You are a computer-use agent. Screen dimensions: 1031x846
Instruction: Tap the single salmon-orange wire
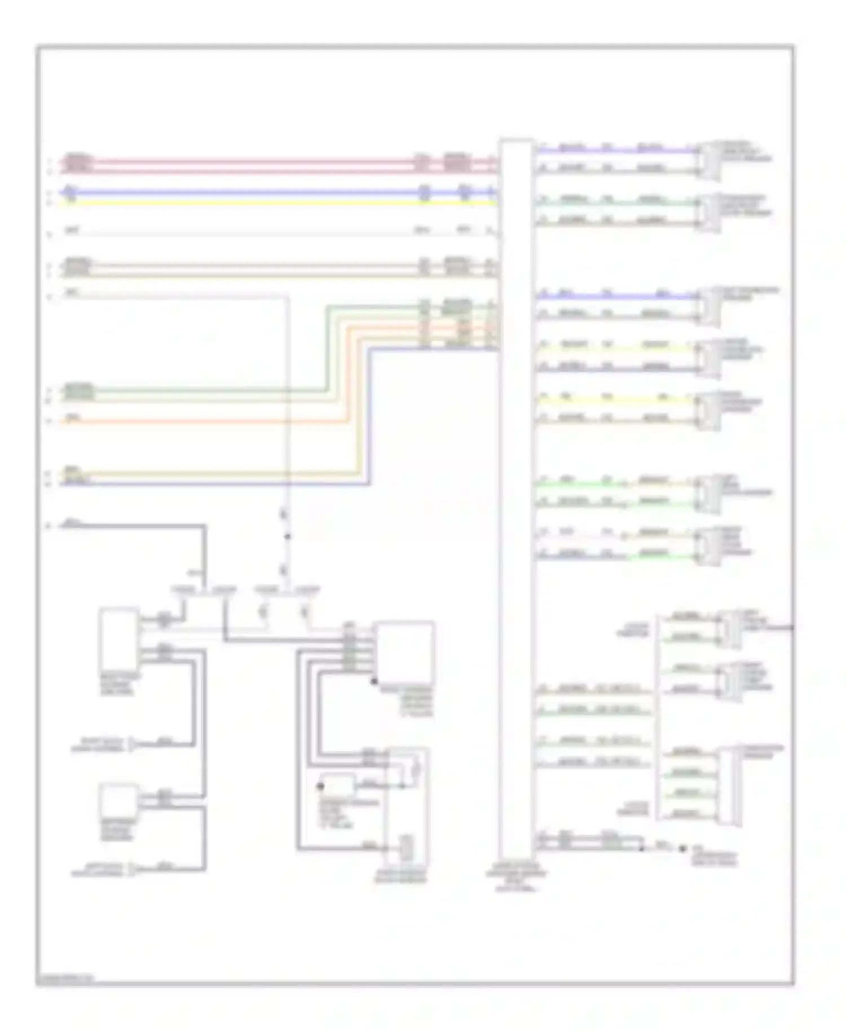(x=197, y=422)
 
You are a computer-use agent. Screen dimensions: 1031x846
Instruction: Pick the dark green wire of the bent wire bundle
(x=197, y=390)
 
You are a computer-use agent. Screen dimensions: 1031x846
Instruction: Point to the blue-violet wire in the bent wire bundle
(x=226, y=483)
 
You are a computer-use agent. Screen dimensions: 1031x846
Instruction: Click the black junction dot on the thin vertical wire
(x=287, y=536)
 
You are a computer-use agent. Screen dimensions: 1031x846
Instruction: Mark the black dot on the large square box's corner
(x=373, y=681)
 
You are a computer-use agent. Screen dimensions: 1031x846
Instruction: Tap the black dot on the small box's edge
(x=321, y=786)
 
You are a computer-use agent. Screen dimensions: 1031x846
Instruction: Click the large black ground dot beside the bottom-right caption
(x=683, y=849)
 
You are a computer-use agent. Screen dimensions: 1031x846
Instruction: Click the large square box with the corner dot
(x=404, y=652)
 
